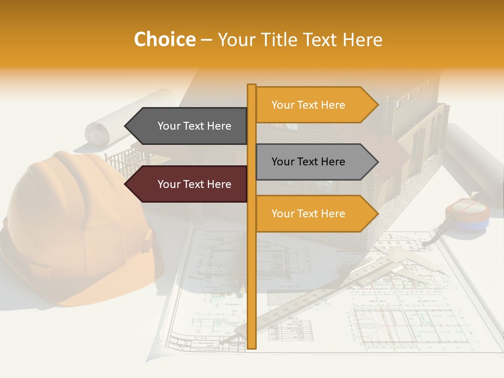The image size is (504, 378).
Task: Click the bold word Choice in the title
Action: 164,39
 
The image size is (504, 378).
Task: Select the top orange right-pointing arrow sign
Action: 315,105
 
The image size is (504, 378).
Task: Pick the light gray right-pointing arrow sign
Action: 315,162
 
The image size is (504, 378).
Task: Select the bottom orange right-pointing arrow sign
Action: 315,214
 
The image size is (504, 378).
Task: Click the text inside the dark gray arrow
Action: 194,126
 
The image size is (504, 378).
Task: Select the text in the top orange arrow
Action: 308,105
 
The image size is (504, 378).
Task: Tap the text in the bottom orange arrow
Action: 308,214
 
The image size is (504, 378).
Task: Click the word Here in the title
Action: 362,39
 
